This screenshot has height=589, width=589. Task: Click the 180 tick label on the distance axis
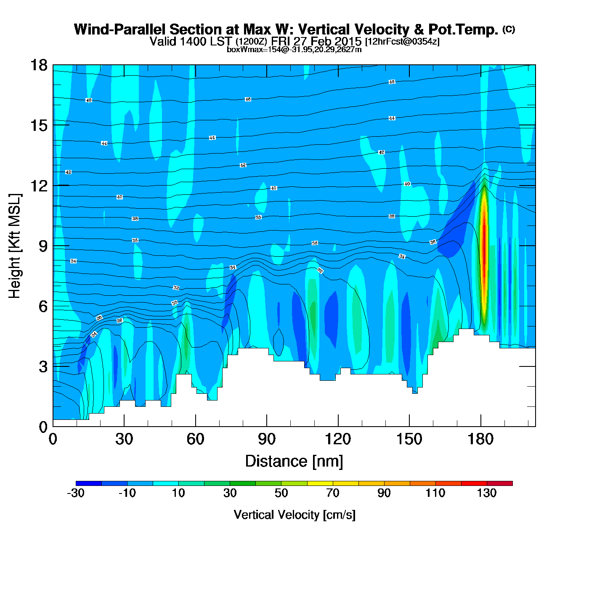pyautogui.click(x=480, y=439)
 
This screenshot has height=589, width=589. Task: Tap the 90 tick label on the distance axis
pyautogui.click(x=267, y=439)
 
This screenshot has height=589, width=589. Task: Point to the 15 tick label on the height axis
pyautogui.click(x=39, y=125)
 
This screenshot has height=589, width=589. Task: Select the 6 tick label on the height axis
pyautogui.click(x=43, y=306)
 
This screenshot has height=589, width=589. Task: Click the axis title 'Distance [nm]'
pyautogui.click(x=294, y=461)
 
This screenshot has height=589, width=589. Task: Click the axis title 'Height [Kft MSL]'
pyautogui.click(x=15, y=246)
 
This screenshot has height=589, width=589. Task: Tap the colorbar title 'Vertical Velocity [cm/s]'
pyautogui.click(x=294, y=515)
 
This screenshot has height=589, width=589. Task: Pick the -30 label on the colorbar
pyautogui.click(x=76, y=493)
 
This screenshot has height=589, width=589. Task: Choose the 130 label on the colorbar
pyautogui.click(x=487, y=493)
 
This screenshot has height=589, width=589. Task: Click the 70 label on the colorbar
pyautogui.click(x=333, y=493)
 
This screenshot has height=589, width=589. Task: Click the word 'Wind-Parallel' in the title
pyautogui.click(x=120, y=29)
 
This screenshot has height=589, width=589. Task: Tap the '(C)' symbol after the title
pyautogui.click(x=509, y=29)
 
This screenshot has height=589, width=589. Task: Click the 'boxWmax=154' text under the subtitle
pyautogui.click(x=247, y=50)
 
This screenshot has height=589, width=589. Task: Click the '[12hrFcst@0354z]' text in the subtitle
pyautogui.click(x=402, y=42)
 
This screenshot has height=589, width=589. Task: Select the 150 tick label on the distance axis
pyautogui.click(x=409, y=439)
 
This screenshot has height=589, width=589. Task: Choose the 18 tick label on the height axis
pyautogui.click(x=39, y=65)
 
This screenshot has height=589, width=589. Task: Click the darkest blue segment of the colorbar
pyautogui.click(x=89, y=483)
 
